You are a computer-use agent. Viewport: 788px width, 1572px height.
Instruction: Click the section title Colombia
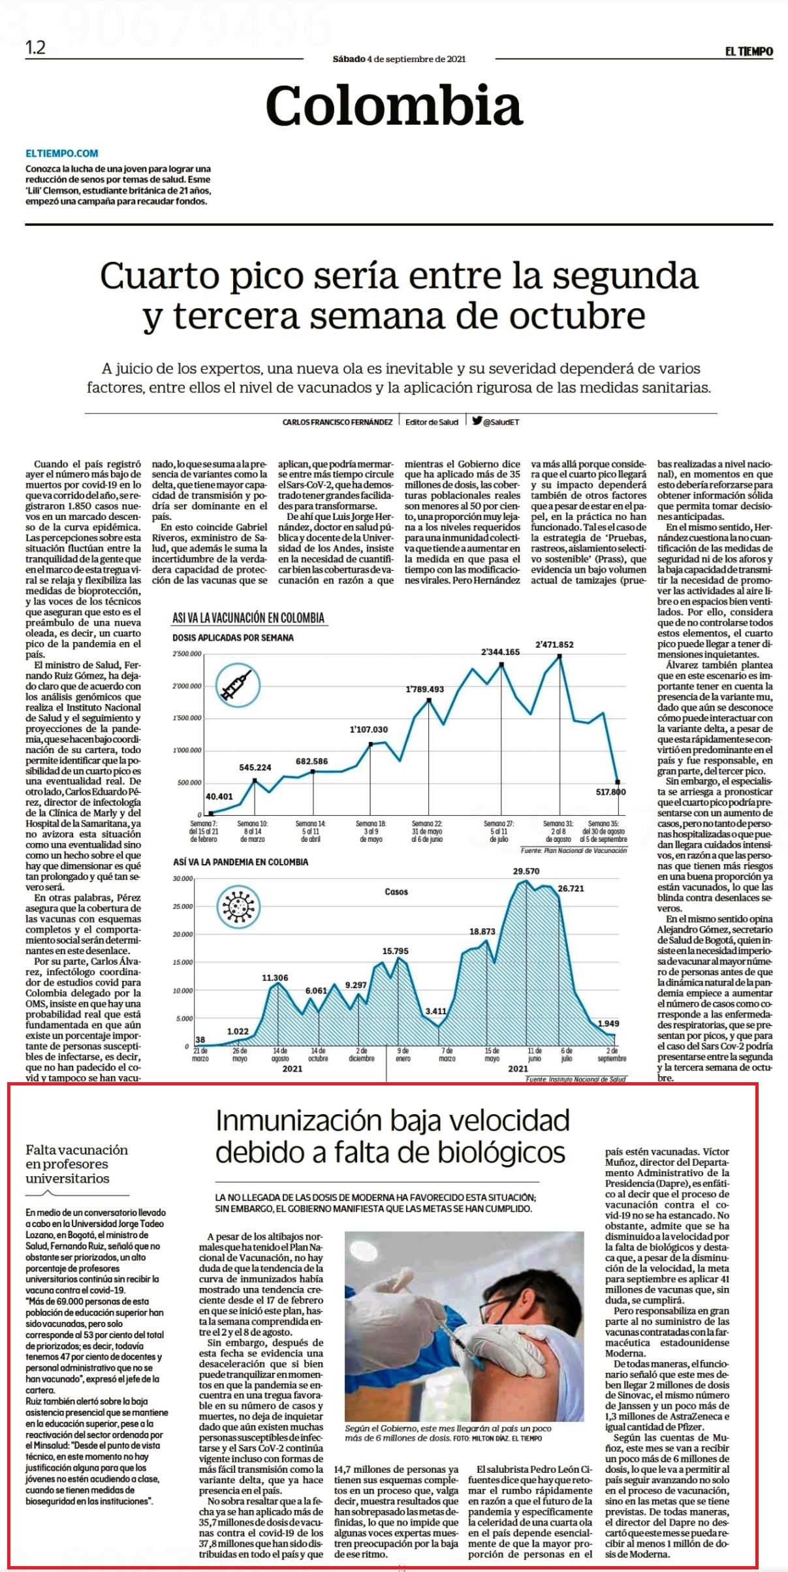pyautogui.click(x=394, y=106)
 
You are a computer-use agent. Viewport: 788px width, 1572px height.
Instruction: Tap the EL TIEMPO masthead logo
pyautogui.click(x=749, y=52)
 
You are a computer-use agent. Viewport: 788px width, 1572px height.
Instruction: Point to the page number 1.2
pyautogui.click(x=35, y=48)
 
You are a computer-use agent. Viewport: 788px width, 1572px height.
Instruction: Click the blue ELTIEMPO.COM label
pyautogui.click(x=62, y=153)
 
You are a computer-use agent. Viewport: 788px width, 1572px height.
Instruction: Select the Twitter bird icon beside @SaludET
pyautogui.click(x=477, y=421)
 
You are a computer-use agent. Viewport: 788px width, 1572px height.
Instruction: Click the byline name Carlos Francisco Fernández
pyautogui.click(x=338, y=423)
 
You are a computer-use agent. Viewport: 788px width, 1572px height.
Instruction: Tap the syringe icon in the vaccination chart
pyautogui.click(x=238, y=686)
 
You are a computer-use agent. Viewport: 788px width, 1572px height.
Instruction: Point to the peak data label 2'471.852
pyautogui.click(x=554, y=645)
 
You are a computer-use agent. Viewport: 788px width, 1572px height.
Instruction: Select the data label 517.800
pyautogui.click(x=610, y=792)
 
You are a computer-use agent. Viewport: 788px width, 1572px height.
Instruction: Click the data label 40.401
pyautogui.click(x=219, y=796)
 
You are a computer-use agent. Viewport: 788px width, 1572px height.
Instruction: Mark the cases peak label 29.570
pyautogui.click(x=526, y=871)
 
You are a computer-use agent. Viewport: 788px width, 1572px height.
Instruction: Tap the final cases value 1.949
pyautogui.click(x=608, y=1023)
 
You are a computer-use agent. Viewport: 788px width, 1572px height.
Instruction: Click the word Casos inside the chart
pyautogui.click(x=396, y=891)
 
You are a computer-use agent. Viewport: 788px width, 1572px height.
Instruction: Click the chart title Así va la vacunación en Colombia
pyautogui.click(x=248, y=618)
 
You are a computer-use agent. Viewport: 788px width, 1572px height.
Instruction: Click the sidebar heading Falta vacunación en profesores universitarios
pyautogui.click(x=77, y=1163)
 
